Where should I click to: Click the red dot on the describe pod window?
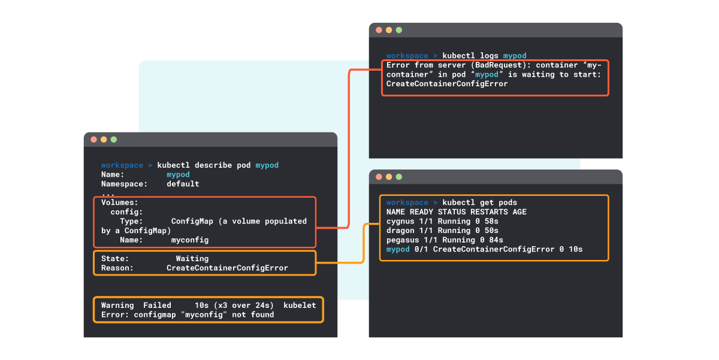pyautogui.click(x=93, y=140)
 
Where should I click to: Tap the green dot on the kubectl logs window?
pyautogui.click(x=399, y=30)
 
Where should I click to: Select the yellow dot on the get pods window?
pyautogui.click(x=389, y=177)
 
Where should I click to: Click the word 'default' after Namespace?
pyautogui.click(x=183, y=184)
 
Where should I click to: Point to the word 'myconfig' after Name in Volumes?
pyautogui.click(x=190, y=240)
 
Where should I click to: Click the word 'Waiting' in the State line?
pyautogui.click(x=192, y=259)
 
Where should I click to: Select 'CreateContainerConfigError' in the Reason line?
pyautogui.click(x=227, y=268)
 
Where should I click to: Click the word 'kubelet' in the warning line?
pyautogui.click(x=300, y=305)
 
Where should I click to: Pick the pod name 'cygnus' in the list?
pyautogui.click(x=400, y=222)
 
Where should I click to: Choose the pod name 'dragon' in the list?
pyautogui.click(x=400, y=231)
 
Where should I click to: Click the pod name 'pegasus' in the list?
pyautogui.click(x=403, y=240)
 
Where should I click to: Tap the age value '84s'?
pyautogui.click(x=496, y=240)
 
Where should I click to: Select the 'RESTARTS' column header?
pyautogui.click(x=489, y=212)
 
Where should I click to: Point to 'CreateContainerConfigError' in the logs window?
pyautogui.click(x=447, y=84)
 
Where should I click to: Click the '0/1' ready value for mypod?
pyautogui.click(x=421, y=249)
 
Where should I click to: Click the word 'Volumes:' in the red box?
pyautogui.click(x=120, y=202)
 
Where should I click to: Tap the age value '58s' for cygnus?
pyautogui.click(x=491, y=222)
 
